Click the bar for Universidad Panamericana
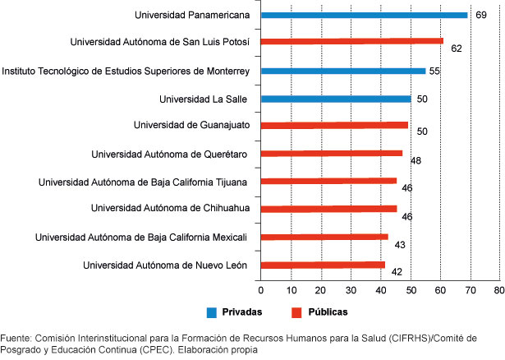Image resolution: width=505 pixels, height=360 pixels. (364, 15)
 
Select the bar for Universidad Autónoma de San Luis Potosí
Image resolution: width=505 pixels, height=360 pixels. (351, 40)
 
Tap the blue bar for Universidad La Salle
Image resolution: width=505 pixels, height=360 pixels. (335, 99)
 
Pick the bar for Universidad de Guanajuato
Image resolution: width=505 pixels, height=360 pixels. (334, 125)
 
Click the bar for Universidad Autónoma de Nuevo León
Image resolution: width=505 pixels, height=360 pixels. (323, 265)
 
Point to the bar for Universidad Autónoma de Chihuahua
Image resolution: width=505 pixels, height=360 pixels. (328, 209)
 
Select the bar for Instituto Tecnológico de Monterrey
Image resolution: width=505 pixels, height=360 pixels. (343, 71)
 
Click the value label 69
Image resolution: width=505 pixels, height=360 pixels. (480, 15)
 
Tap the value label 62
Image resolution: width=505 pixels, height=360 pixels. (457, 48)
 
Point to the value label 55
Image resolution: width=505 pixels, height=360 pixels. (435, 72)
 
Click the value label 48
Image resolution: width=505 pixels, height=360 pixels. (415, 160)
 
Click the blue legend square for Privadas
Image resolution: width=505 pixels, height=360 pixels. (212, 312)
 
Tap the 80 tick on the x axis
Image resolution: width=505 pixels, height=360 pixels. (498, 290)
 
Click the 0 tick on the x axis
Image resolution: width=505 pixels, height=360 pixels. (260, 290)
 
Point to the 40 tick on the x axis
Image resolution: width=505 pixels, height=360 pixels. (379, 290)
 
